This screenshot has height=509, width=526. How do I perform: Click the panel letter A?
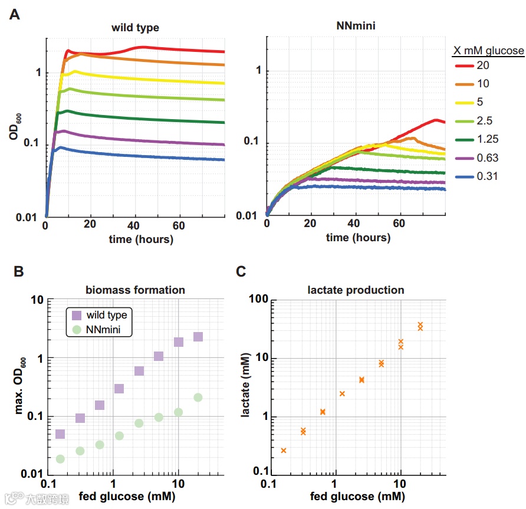click(x=15, y=15)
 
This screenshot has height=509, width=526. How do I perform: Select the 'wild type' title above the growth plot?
click(x=136, y=28)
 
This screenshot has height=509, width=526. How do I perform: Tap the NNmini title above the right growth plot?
click(x=356, y=26)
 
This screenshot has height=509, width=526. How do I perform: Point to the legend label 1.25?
click(x=488, y=139)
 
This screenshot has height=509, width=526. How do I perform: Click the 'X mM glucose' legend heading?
click(x=488, y=51)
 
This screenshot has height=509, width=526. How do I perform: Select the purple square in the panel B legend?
click(x=77, y=316)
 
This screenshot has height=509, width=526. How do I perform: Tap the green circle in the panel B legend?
click(x=77, y=330)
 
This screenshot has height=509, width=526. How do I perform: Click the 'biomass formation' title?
click(x=135, y=290)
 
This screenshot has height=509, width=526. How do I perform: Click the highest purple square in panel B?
click(x=198, y=337)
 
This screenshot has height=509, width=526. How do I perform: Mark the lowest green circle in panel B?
click(x=60, y=459)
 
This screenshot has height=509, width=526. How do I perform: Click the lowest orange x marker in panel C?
click(x=284, y=450)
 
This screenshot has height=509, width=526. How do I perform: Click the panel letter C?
click(x=241, y=271)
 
